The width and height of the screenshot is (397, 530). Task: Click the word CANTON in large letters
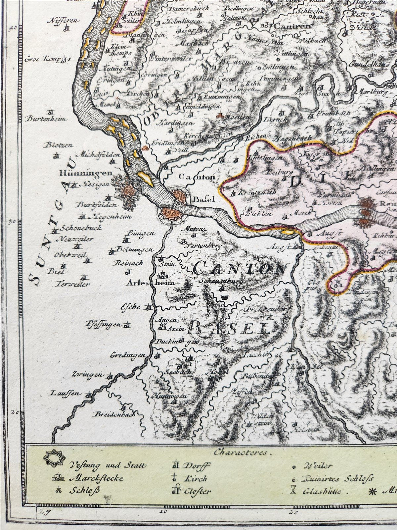pos(239,269)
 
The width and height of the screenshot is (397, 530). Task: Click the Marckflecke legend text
pos(92,478)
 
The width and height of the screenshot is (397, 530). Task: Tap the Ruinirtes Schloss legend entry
pos(337,479)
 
